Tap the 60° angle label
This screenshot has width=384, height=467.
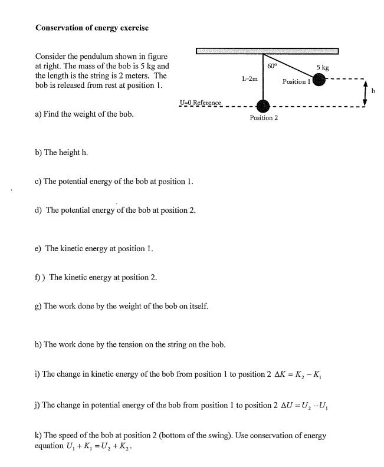click(x=272, y=67)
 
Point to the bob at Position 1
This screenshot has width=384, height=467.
click(x=319, y=80)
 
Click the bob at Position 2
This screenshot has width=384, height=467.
click(x=263, y=106)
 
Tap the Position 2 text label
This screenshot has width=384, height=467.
click(x=264, y=118)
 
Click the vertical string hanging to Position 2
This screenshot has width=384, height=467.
click(x=263, y=77)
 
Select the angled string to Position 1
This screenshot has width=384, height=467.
click(x=289, y=67)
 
